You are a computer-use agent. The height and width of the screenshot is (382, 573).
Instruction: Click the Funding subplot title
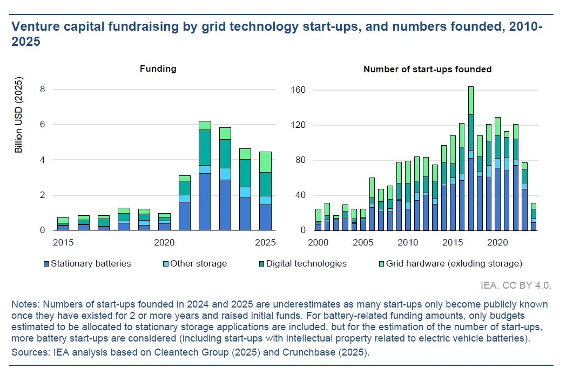click(158, 69)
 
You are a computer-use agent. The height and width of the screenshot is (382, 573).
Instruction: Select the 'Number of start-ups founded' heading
click(427, 69)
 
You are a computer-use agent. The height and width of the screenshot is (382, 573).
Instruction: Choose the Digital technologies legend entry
click(304, 264)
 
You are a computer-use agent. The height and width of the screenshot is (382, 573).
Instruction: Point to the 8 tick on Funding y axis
click(43, 90)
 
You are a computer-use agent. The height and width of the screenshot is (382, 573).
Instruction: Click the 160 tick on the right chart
click(299, 90)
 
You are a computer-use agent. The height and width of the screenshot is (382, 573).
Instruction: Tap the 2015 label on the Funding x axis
click(63, 242)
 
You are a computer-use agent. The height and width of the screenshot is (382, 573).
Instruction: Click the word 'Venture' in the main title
click(37, 26)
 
